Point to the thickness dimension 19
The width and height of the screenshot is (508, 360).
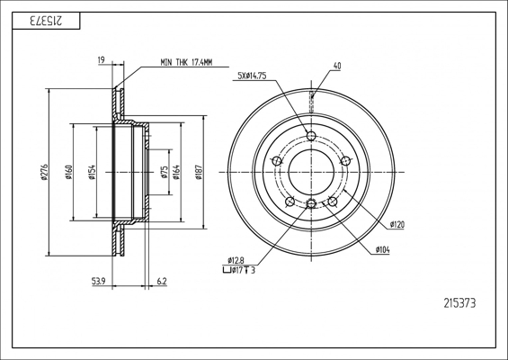click(102, 61)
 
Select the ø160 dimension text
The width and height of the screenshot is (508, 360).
click(68, 170)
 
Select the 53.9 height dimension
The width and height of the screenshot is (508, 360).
click(100, 282)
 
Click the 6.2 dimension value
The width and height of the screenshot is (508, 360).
click(162, 282)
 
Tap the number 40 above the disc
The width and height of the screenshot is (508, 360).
click(337, 66)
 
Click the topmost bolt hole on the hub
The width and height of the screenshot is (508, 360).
click(311, 136)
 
